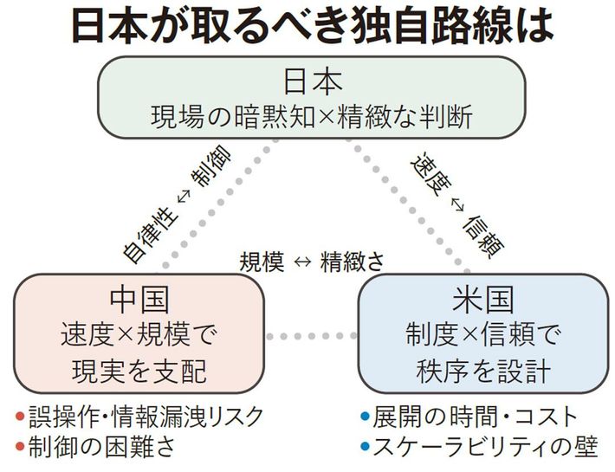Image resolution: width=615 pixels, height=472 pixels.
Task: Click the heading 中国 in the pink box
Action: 139,299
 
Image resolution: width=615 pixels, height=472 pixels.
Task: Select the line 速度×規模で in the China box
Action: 139,333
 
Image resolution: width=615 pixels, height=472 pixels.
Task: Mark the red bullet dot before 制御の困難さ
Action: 20,448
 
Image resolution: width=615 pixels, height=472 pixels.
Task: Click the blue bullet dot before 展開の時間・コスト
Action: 365,417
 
